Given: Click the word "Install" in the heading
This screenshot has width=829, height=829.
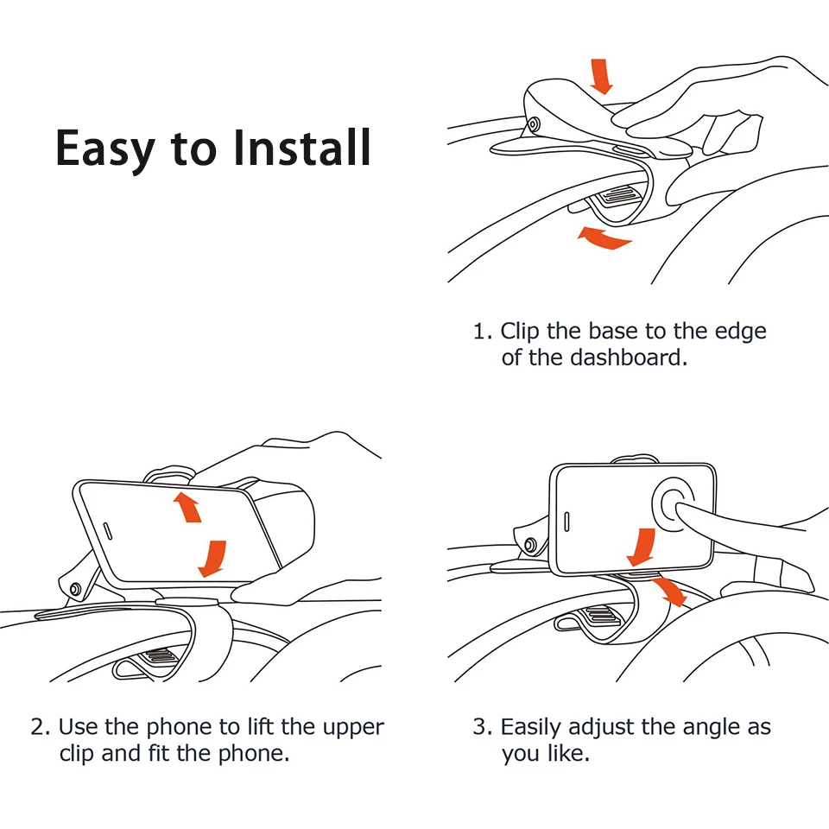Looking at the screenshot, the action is (x=301, y=147).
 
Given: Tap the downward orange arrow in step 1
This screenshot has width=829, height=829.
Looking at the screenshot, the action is (x=601, y=77).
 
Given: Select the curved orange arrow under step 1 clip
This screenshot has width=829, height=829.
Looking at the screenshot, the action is (x=604, y=238).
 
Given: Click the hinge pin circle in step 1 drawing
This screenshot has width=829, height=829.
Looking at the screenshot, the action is (x=534, y=124).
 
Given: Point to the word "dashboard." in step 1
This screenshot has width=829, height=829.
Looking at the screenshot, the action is (x=629, y=358).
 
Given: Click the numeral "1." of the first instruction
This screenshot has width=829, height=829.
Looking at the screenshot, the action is (x=482, y=332).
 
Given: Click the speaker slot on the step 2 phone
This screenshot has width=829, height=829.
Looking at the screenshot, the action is (x=107, y=531).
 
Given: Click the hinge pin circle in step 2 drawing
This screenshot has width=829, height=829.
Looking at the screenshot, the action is (x=75, y=589).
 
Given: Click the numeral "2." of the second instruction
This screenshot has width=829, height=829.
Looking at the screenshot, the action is (x=41, y=727).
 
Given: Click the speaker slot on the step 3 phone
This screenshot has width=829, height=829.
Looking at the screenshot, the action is (x=566, y=522).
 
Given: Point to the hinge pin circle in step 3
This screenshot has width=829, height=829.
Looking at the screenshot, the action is (x=528, y=545).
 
